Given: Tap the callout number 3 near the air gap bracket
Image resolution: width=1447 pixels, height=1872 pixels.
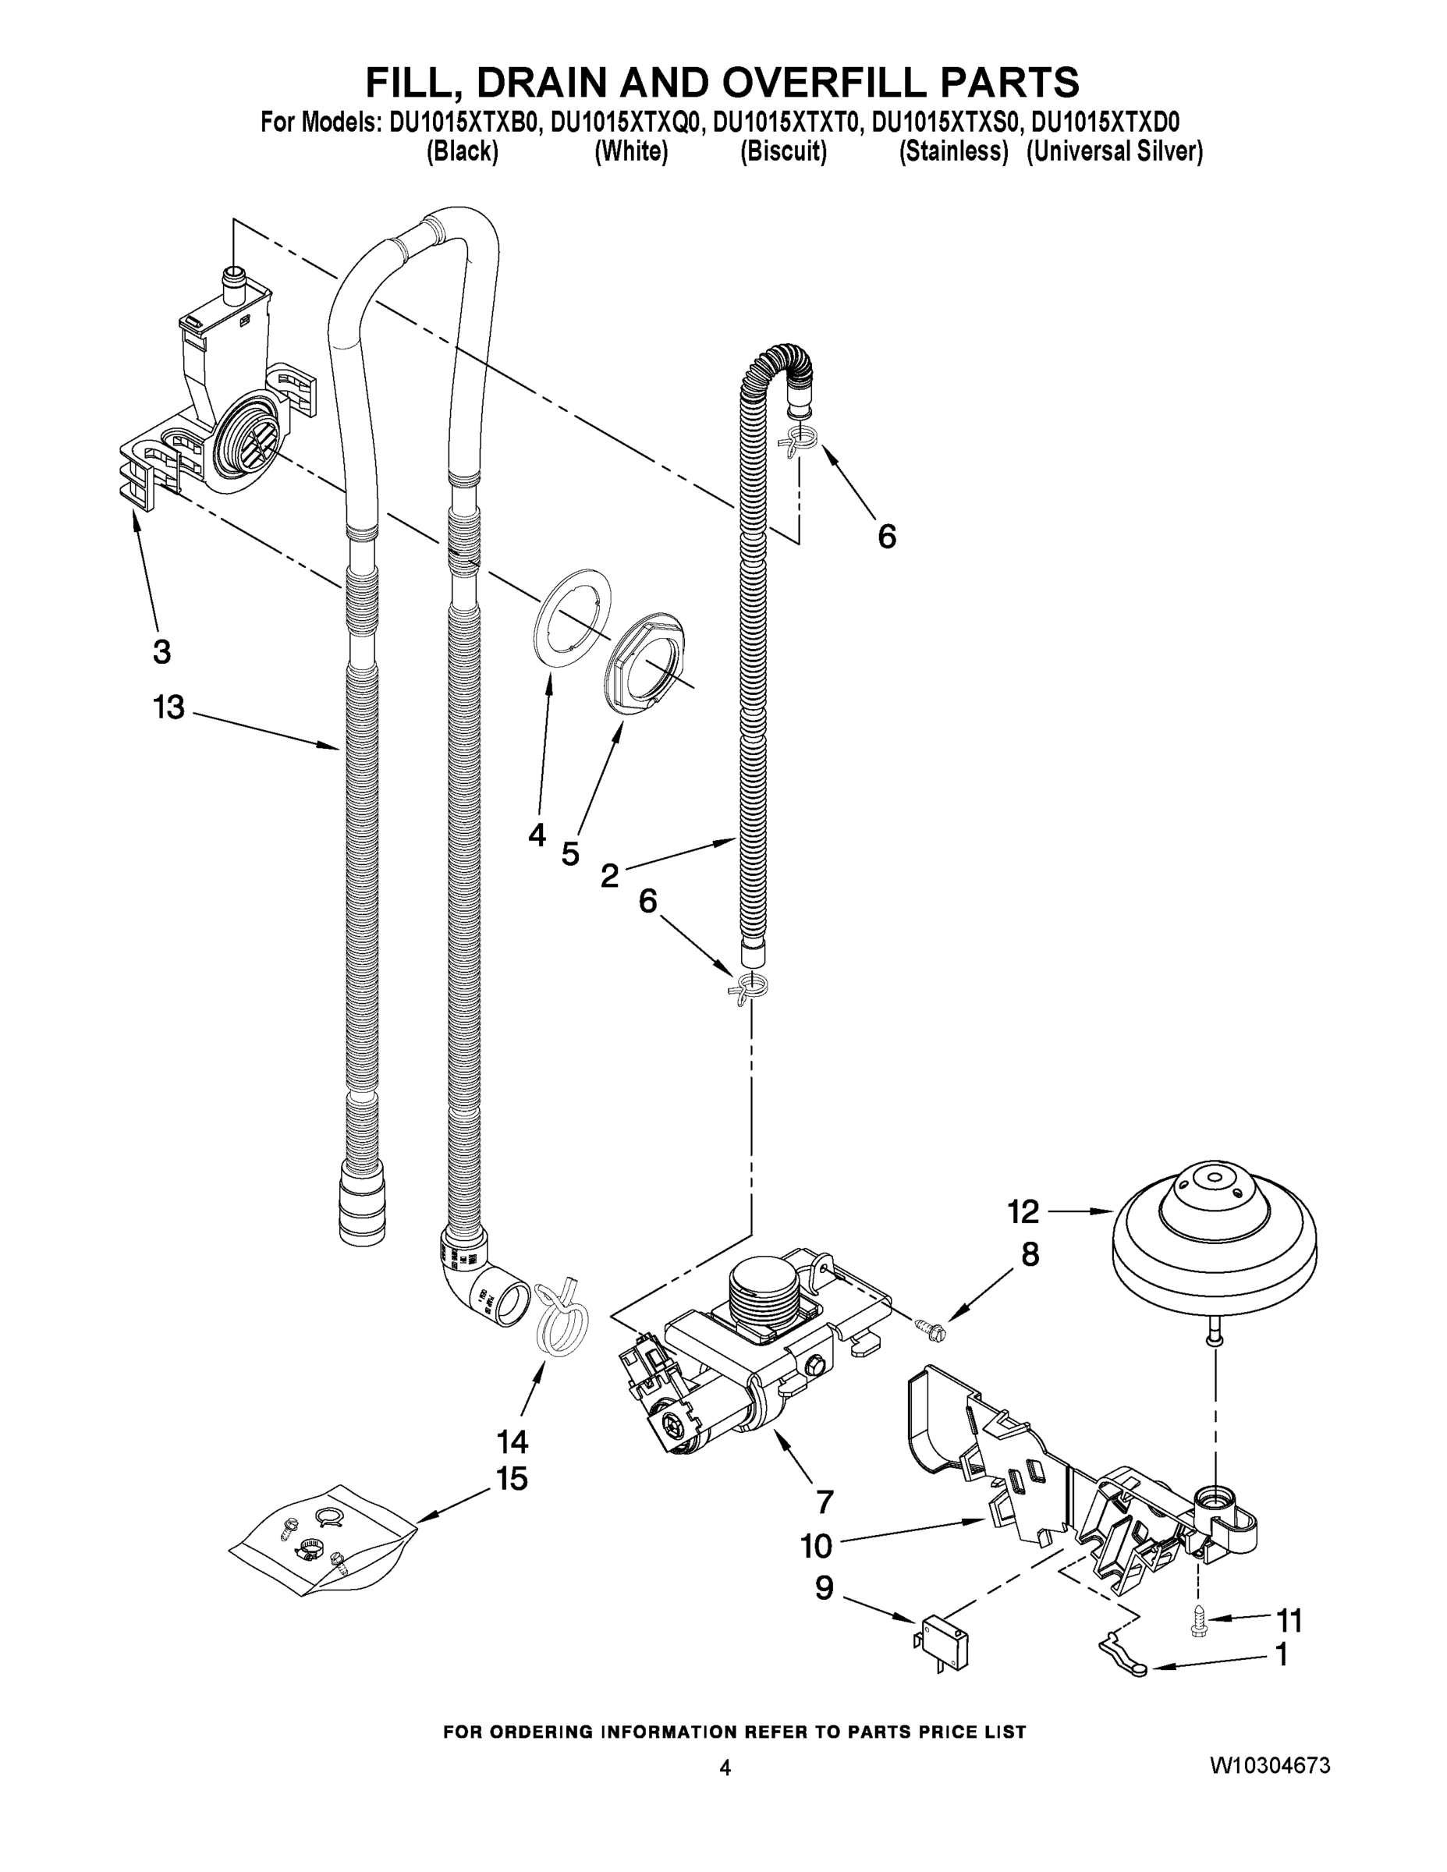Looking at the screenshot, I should point(161,651).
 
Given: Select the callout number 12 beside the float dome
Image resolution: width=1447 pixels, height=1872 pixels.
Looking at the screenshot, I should point(1023,1211).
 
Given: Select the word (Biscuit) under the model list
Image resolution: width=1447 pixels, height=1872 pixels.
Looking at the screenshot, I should point(782,152).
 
